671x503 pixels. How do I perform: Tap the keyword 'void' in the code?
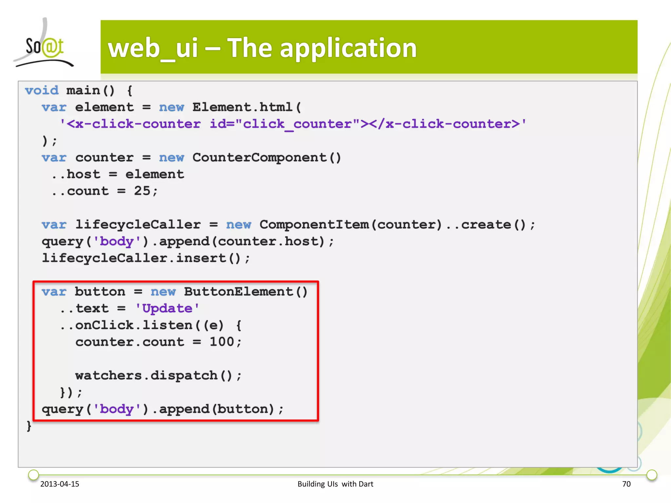point(42,90)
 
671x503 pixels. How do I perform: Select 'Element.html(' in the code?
point(246,107)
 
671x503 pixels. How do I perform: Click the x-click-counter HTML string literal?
point(293,124)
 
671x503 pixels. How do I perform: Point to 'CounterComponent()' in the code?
point(267,158)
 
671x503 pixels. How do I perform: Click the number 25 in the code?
point(142,191)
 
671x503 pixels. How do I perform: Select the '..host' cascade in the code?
point(76,174)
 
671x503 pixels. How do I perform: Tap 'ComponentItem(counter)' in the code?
point(351,225)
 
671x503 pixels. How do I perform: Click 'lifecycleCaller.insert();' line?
point(146,258)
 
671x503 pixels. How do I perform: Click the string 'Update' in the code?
point(167,308)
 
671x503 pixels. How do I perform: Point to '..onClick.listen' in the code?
point(126,325)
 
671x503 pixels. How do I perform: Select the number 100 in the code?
point(222,342)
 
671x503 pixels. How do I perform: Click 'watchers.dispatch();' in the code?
point(158,376)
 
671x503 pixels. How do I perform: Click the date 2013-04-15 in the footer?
point(60,484)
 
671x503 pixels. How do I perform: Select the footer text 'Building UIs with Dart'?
point(335,484)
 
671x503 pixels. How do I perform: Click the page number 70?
point(626,484)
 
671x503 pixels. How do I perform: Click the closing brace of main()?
point(29,426)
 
